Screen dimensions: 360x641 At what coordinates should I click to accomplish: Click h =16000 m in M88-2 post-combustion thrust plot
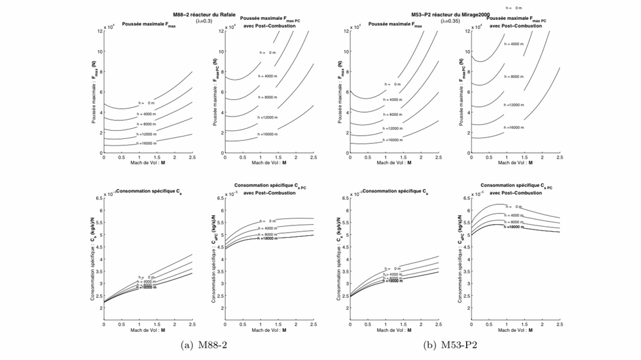click(x=269, y=134)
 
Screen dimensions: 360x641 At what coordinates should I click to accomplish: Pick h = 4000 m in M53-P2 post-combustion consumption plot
click(x=514, y=215)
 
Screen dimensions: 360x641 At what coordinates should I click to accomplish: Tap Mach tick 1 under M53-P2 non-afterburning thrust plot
click(x=385, y=157)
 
